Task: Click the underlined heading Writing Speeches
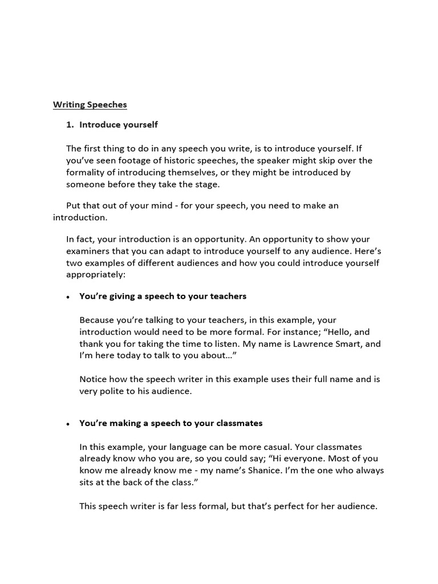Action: [x=90, y=104]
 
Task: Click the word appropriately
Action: [x=95, y=274]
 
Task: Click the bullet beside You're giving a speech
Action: [x=68, y=297]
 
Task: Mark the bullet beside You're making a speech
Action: [x=68, y=424]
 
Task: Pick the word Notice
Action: [x=94, y=379]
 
